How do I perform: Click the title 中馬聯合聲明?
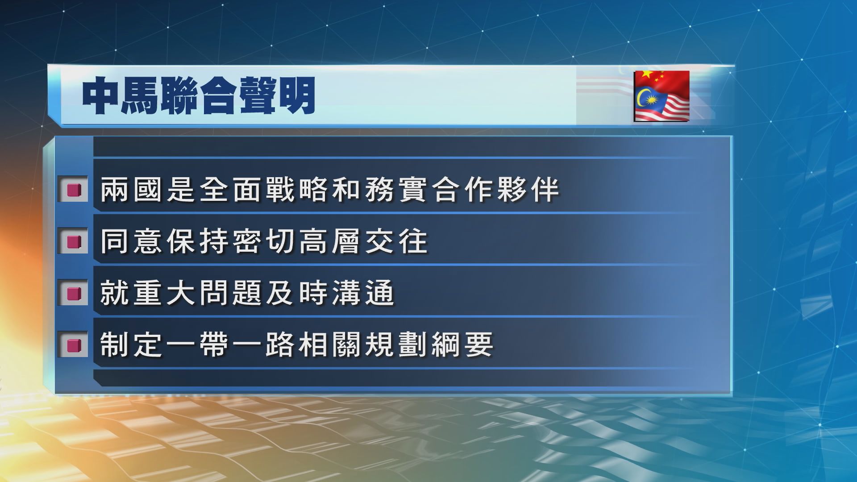click(x=199, y=96)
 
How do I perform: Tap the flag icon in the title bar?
click(x=661, y=96)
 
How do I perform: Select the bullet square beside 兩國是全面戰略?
click(x=73, y=190)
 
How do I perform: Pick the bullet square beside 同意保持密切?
click(x=73, y=241)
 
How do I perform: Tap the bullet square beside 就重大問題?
click(x=73, y=293)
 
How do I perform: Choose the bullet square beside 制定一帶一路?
click(x=73, y=345)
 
